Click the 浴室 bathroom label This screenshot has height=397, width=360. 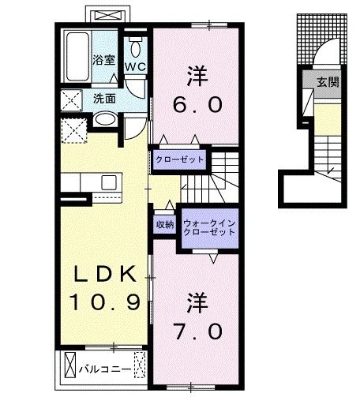click(x=103, y=60)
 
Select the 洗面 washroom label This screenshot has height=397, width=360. click(x=105, y=99)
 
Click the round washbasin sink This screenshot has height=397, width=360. click(x=104, y=120)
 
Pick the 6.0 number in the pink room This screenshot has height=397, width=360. click(x=199, y=104)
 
